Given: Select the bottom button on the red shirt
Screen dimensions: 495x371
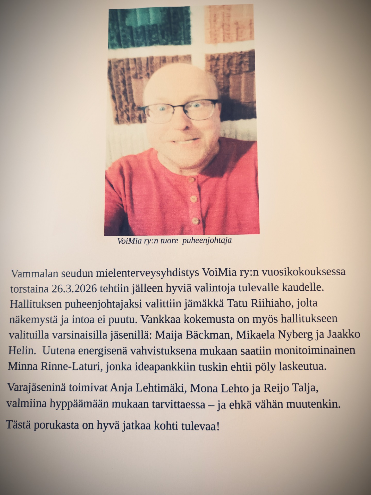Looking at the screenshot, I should pos(195,221).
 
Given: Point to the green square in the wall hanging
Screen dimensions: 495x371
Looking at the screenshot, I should pos(149,27).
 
